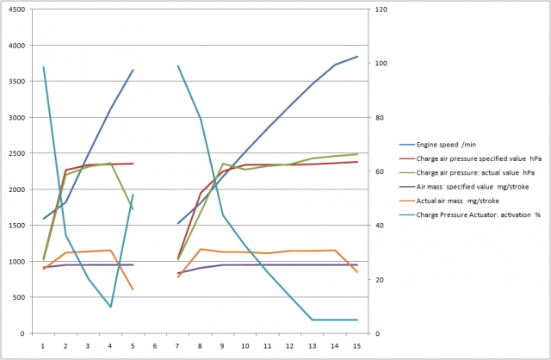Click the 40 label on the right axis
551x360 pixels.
point(373,226)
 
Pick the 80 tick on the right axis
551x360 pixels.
point(373,117)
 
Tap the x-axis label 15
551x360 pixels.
point(357,344)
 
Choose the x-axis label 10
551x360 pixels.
point(245,344)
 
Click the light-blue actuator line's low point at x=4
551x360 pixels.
point(110,307)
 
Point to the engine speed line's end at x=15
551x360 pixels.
point(357,57)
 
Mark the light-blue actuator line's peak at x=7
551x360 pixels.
point(178,65)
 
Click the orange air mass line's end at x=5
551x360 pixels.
point(133,289)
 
